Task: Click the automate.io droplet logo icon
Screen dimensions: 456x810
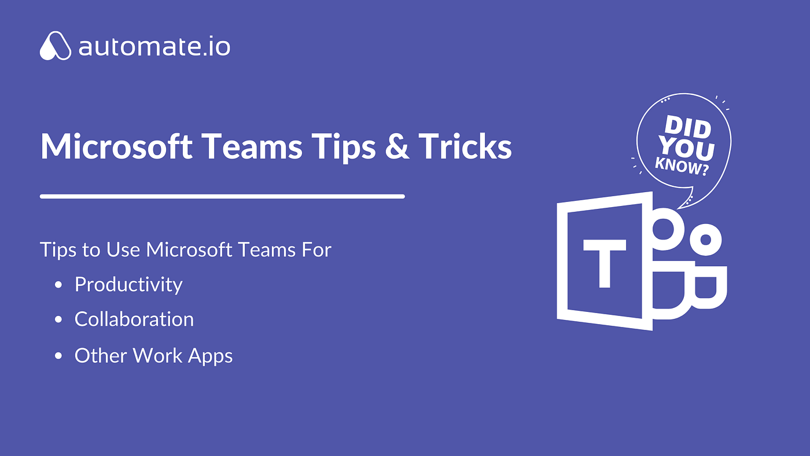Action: [56, 46]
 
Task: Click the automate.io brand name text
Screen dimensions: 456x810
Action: [154, 47]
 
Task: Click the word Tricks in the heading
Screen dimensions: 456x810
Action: [465, 146]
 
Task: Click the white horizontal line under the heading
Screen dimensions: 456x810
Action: [222, 197]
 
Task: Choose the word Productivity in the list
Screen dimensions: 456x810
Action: [128, 285]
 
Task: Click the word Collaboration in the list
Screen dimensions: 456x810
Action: [134, 319]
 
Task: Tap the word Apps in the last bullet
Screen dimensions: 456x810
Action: [211, 356]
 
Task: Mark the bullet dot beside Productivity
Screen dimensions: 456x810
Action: [58, 285]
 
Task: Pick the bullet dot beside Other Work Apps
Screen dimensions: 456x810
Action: [58, 356]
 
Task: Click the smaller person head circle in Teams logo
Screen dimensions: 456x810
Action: [705, 239]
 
